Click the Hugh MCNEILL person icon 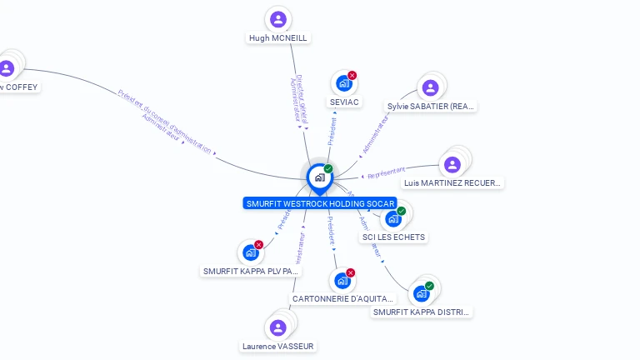(x=278, y=19)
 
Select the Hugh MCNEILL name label (x=278, y=37)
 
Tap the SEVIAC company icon (x=342, y=83)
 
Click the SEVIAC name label (x=344, y=102)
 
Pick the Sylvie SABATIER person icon (x=430, y=87)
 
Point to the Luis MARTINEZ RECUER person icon (x=452, y=164)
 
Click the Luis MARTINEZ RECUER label (x=452, y=182)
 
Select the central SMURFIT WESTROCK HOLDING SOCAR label (x=320, y=203)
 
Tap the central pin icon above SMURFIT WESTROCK (x=319, y=177)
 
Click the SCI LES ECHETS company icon (x=392, y=218)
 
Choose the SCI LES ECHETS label (x=393, y=237)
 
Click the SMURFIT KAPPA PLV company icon (x=250, y=252)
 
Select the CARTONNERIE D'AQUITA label (x=342, y=297)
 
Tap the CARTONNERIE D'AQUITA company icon (x=342, y=280)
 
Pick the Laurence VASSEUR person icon (x=278, y=327)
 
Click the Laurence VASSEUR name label (x=278, y=346)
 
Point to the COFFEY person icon (x=7, y=68)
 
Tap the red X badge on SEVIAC (x=352, y=76)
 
